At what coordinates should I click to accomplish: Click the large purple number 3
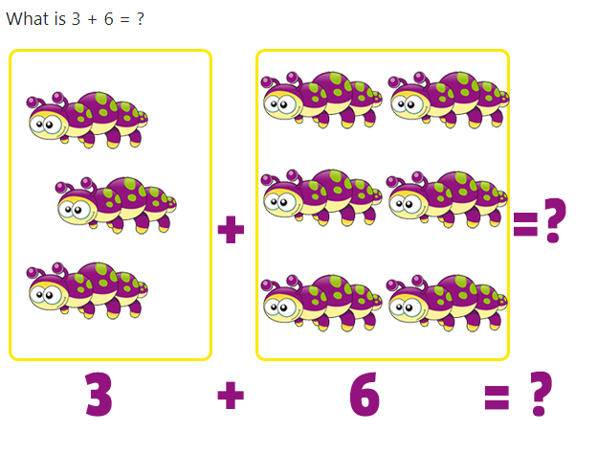99,395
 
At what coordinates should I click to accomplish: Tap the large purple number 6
365,395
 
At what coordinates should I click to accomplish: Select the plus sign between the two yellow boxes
231,229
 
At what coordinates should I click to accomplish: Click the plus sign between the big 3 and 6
231,396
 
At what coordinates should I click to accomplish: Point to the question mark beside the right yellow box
555,220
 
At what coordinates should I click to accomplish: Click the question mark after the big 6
541,394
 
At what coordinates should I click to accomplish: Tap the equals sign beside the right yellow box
525,225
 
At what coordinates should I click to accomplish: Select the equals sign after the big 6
497,398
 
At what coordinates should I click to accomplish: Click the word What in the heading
30,18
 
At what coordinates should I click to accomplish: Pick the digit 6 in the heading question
108,19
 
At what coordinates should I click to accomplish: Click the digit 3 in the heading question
76,19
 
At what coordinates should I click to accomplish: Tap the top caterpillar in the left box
87,120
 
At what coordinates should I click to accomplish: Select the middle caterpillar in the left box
116,205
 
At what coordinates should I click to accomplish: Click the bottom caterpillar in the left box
87,290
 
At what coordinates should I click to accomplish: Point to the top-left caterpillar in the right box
321,100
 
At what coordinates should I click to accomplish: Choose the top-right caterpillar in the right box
449,100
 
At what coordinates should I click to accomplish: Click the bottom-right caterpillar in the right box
448,303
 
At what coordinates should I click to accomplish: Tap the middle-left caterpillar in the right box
321,197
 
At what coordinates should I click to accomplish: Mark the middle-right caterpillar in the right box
448,199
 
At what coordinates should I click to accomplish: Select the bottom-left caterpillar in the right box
321,303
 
